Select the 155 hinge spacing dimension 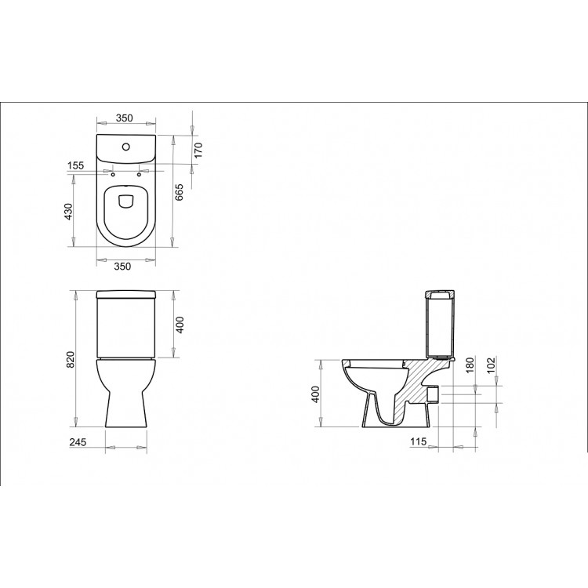click(x=75, y=165)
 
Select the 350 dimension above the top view click(x=124, y=118)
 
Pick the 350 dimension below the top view click(x=124, y=265)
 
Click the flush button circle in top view click(x=127, y=147)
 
